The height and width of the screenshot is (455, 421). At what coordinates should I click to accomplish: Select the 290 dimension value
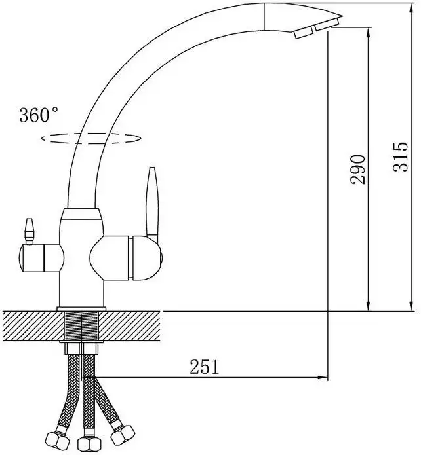(x=357, y=169)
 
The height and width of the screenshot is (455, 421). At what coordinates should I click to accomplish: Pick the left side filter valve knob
(x=39, y=255)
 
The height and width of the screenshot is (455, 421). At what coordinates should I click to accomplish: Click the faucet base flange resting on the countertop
(x=82, y=308)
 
